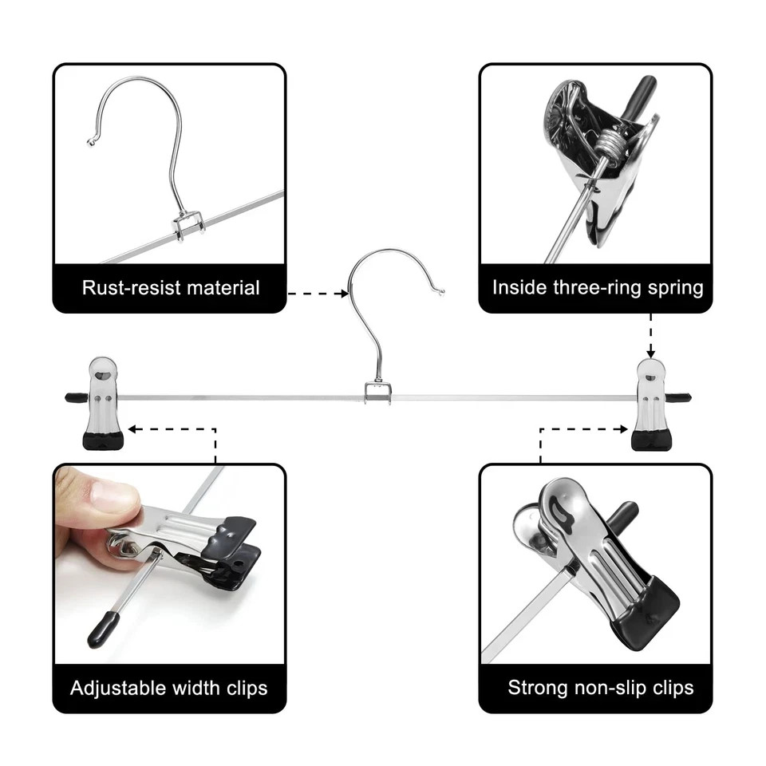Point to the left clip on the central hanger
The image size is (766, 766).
tap(103, 404)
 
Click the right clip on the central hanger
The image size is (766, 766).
tap(652, 404)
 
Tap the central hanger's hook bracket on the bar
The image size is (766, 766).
tap(378, 392)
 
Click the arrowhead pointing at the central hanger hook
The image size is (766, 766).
tap(345, 294)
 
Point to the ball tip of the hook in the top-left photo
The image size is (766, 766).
tap(90, 142)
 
